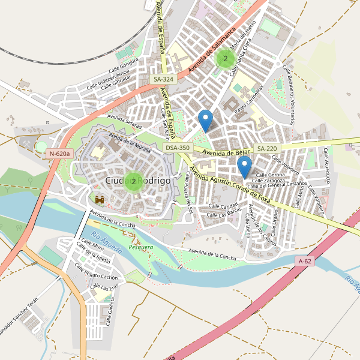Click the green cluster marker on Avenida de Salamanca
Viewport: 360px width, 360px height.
pyautogui.click(x=225, y=58)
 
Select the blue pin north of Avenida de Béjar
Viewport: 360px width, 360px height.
pyautogui.click(x=206, y=121)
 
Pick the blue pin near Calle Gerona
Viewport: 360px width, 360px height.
pyautogui.click(x=244, y=166)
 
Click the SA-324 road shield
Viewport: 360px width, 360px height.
pyautogui.click(x=163, y=79)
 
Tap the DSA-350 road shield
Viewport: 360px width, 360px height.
pyautogui.click(x=178, y=148)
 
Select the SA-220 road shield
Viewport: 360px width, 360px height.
pyautogui.click(x=267, y=148)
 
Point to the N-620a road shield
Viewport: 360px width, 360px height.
pyautogui.click(x=60, y=154)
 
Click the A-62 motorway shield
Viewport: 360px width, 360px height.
pyautogui.click(x=305, y=261)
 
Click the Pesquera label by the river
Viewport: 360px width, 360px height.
pyautogui.click(x=141, y=247)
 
